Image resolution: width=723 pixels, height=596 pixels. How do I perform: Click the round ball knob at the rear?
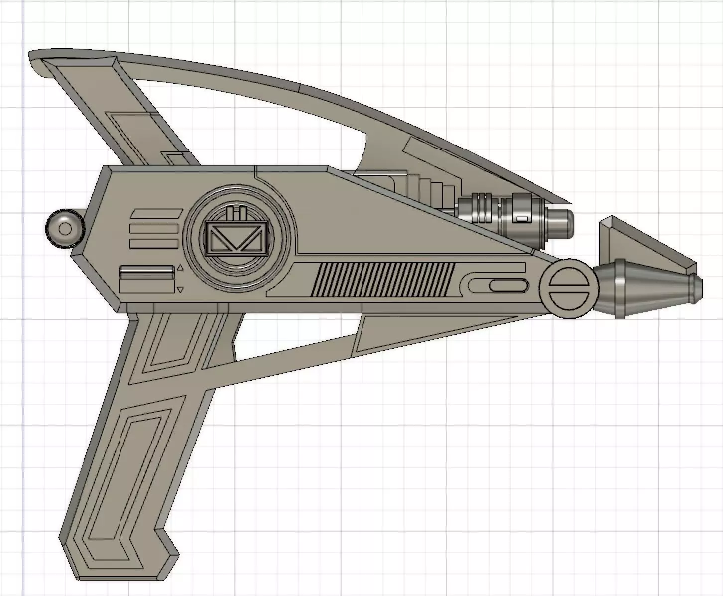pyautogui.click(x=64, y=229)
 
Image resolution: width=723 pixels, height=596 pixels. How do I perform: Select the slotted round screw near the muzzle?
pyautogui.click(x=568, y=288)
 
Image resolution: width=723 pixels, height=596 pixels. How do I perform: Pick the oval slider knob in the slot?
pyautogui.click(x=508, y=286)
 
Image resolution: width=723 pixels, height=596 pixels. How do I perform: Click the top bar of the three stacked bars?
pyautogui.click(x=155, y=214)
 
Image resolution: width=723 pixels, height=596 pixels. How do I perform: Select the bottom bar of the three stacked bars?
pyautogui.click(x=154, y=244)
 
